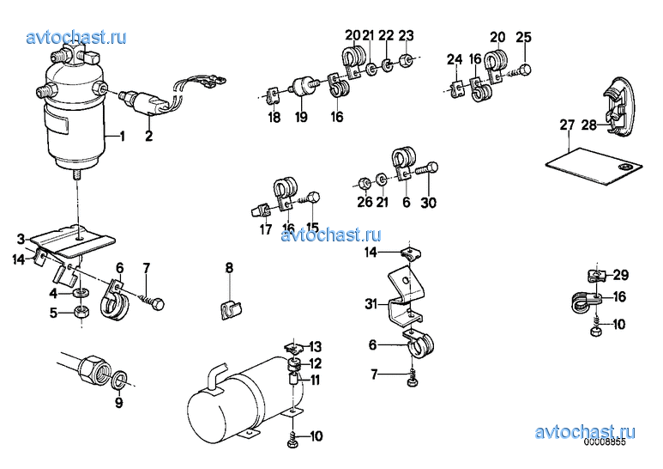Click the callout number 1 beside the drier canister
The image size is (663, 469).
click(x=122, y=137)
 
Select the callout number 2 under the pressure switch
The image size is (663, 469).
click(x=148, y=136)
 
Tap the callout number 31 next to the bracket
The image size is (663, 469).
click(x=371, y=304)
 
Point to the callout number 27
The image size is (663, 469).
click(x=567, y=125)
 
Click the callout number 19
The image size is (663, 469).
click(x=301, y=117)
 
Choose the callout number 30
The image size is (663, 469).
click(x=428, y=203)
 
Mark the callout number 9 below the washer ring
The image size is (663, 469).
click(x=119, y=403)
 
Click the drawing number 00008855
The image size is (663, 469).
click(x=605, y=442)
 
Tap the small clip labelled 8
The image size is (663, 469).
click(x=232, y=309)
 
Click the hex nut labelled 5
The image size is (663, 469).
click(x=81, y=312)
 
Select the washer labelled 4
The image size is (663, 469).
click(x=81, y=293)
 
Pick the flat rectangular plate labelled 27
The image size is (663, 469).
click(x=594, y=166)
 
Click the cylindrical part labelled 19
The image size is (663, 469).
click(x=302, y=87)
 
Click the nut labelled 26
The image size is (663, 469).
click(x=364, y=183)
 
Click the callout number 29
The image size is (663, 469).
click(x=621, y=275)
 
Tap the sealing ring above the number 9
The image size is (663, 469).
click(x=120, y=378)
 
